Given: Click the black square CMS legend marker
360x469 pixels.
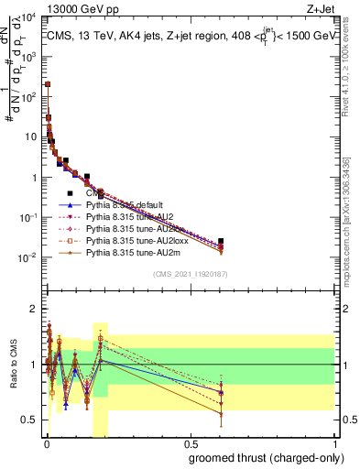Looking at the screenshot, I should click(70, 193).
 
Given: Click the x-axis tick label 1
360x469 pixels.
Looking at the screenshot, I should click(335, 443).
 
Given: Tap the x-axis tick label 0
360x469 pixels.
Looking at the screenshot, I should click(46, 443).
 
